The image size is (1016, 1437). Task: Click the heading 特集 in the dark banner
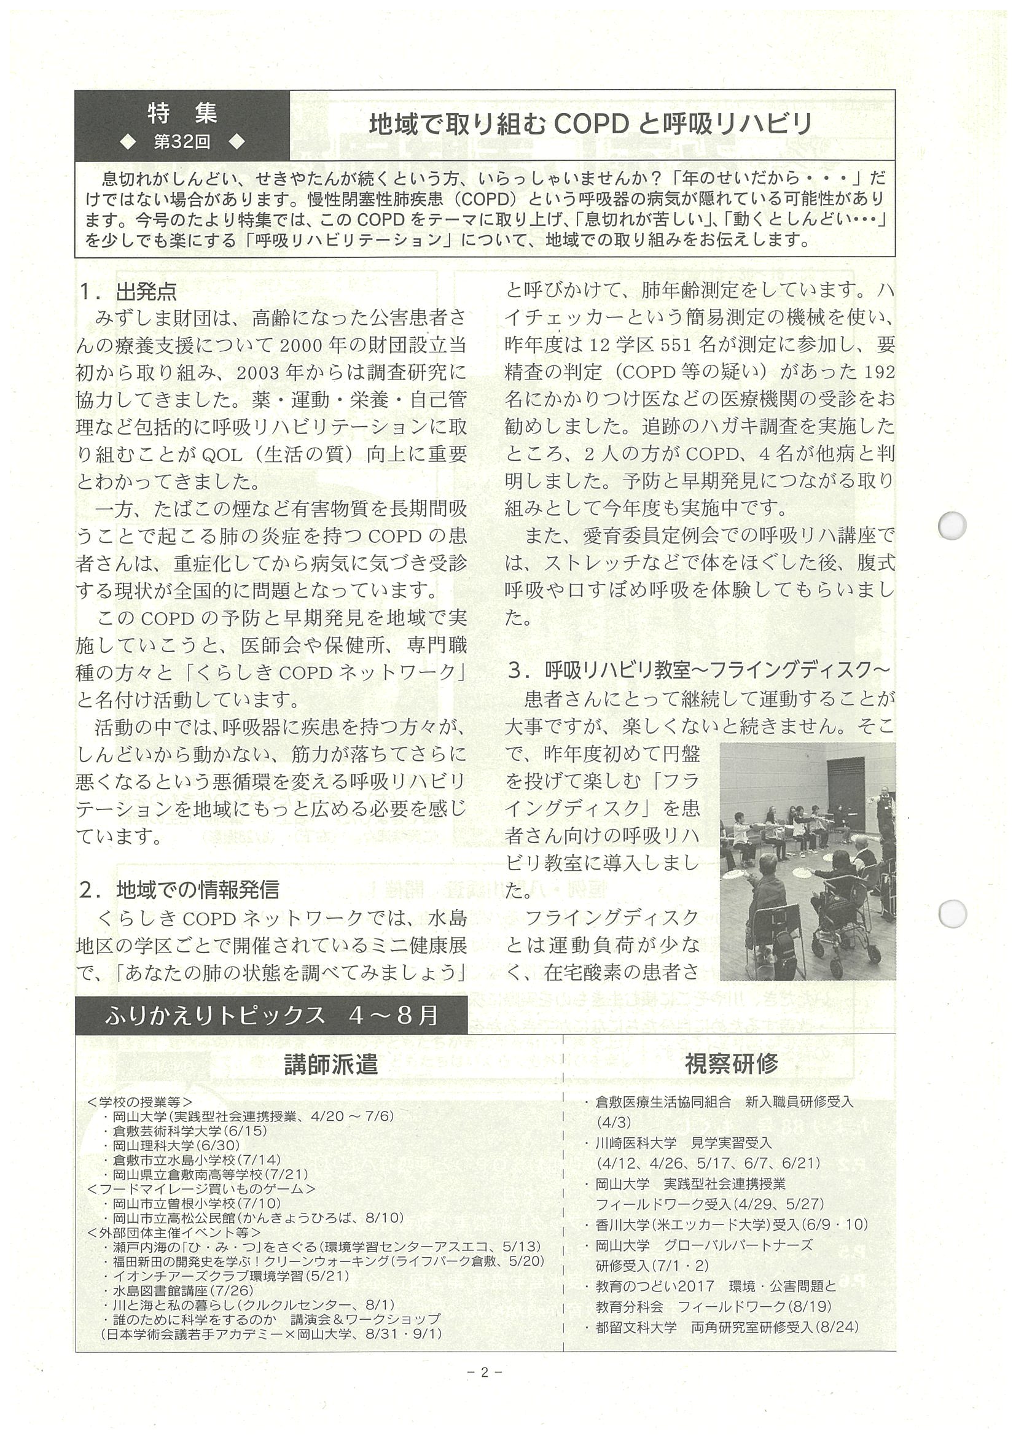pyautogui.click(x=182, y=112)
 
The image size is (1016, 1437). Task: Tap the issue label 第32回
pyautogui.click(x=182, y=142)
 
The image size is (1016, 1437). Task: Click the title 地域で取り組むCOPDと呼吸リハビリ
pyautogui.click(x=590, y=124)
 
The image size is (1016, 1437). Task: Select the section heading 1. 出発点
pyautogui.click(x=128, y=291)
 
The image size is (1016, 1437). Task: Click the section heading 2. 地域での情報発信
pyautogui.click(x=179, y=889)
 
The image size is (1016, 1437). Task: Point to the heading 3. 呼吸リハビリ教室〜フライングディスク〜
pyautogui.click(x=698, y=671)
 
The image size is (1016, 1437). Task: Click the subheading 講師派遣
pyautogui.click(x=331, y=1064)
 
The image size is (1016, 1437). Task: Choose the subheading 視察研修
pyautogui.click(x=731, y=1064)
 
